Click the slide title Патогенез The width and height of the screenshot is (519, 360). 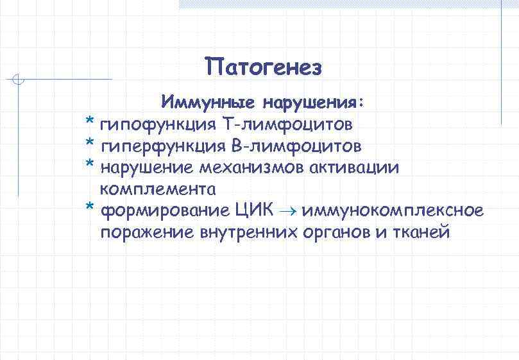263,67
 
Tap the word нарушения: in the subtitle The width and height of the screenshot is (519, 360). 312,103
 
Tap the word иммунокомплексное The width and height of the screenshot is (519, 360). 393,210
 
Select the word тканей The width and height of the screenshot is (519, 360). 419,232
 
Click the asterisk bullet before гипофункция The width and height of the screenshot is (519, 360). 90,123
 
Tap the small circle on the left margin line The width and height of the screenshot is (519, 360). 19,80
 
